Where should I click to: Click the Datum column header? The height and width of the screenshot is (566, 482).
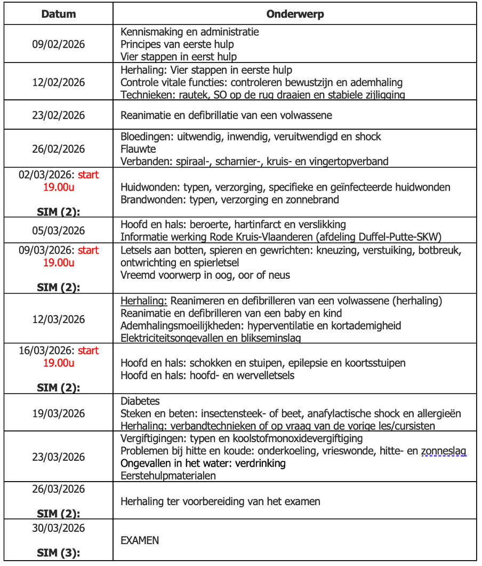click(58, 14)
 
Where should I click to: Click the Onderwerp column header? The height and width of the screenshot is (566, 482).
click(295, 14)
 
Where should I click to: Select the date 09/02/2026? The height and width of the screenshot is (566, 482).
click(58, 44)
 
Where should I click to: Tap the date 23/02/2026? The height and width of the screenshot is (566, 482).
click(58, 115)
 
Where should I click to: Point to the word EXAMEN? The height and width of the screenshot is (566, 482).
click(140, 540)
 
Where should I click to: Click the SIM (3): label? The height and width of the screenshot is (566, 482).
click(58, 553)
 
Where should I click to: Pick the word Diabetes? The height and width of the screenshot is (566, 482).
click(140, 401)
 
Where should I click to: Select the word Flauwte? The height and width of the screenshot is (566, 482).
click(139, 149)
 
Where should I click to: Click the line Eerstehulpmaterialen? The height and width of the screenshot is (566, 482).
click(168, 476)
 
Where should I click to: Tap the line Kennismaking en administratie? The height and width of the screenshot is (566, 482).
click(190, 32)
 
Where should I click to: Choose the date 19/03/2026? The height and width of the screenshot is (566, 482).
click(58, 413)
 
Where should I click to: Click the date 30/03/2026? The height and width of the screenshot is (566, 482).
click(58, 528)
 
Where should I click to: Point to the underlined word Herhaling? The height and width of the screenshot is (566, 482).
click(144, 301)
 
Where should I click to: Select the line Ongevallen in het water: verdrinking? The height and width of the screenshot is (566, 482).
click(203, 463)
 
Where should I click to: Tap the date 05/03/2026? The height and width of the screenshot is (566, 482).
click(58, 231)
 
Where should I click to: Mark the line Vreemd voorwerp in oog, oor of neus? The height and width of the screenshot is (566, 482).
click(205, 275)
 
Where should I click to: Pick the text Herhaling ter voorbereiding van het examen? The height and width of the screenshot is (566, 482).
click(220, 501)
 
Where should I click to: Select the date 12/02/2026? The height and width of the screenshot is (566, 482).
click(58, 83)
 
